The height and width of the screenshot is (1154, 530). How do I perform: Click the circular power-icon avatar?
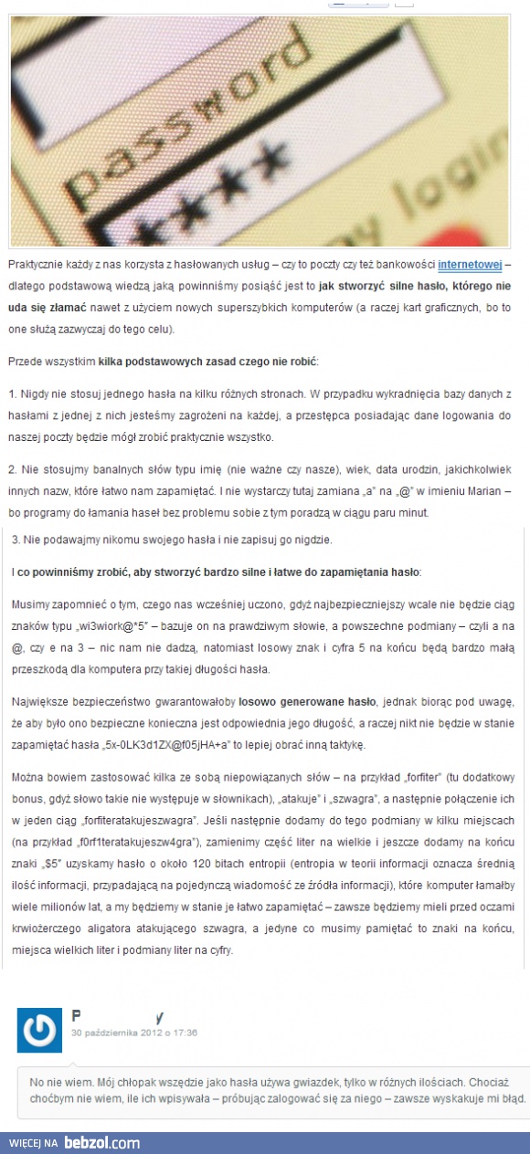point(39,1029)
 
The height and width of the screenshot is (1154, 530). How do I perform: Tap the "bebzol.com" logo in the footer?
point(101,1142)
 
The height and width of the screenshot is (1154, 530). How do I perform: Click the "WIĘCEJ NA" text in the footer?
point(35,1142)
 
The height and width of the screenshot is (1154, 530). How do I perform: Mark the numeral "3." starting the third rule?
point(16,540)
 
